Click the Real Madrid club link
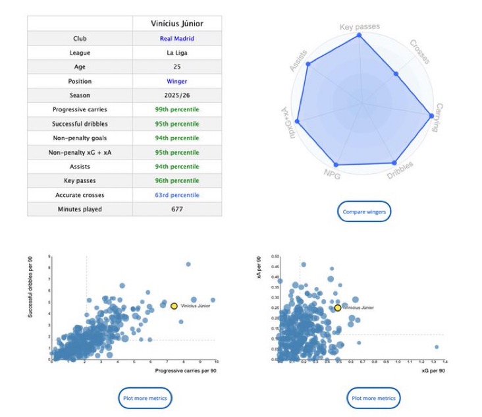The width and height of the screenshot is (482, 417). [x=176, y=39]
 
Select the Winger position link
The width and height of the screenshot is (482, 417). [x=176, y=81]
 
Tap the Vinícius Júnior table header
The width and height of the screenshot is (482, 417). [x=176, y=24]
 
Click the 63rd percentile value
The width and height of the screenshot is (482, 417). [x=176, y=195]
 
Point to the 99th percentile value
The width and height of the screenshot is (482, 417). [x=176, y=109]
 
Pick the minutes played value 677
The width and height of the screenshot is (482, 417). [x=176, y=209]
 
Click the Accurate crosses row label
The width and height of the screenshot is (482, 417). [x=80, y=195]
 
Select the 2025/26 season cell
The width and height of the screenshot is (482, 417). [x=176, y=96]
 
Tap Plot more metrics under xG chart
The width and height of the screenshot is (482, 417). [x=373, y=398]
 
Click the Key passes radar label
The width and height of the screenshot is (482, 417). [x=360, y=27]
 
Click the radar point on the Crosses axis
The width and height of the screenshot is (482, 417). [x=396, y=73]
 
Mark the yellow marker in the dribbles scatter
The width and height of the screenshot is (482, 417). [x=174, y=306]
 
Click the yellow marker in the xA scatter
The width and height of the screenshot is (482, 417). [x=338, y=308]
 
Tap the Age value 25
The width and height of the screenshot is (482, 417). [x=176, y=67]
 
